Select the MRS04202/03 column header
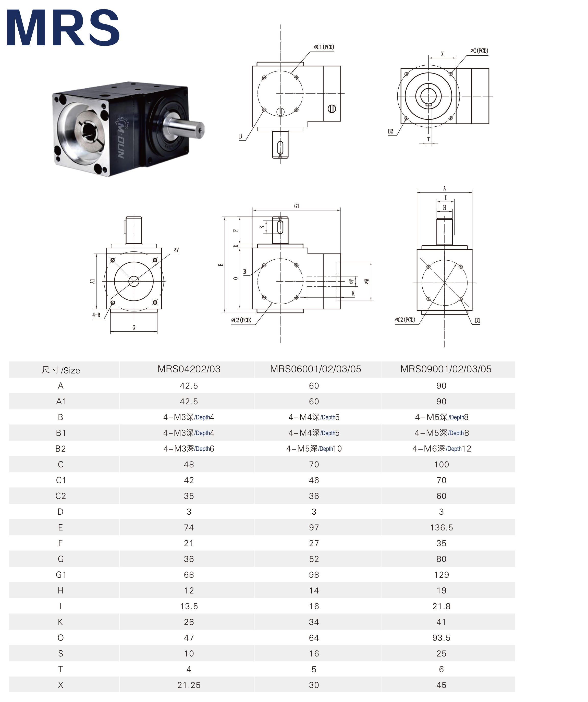pyautogui.click(x=189, y=369)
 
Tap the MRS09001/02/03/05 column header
pyautogui.click(x=446, y=369)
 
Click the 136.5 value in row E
pyautogui.click(x=441, y=527)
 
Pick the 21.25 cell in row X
pyautogui.click(x=189, y=685)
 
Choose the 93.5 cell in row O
pyautogui.click(x=441, y=638)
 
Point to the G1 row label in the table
pyautogui.click(x=61, y=575)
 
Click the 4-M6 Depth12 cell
pyautogui.click(x=442, y=449)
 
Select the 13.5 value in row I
pyautogui.click(x=189, y=606)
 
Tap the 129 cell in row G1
pyautogui.click(x=441, y=575)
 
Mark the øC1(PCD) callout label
pyautogui.click(x=324, y=47)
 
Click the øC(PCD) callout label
pyautogui.click(x=479, y=51)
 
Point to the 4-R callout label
pyautogui.click(x=96, y=315)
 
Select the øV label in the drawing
pyautogui.click(x=176, y=250)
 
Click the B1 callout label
pyautogui.click(x=477, y=320)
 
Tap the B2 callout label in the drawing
pyautogui.click(x=390, y=131)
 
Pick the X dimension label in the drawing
pyautogui.click(x=442, y=54)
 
